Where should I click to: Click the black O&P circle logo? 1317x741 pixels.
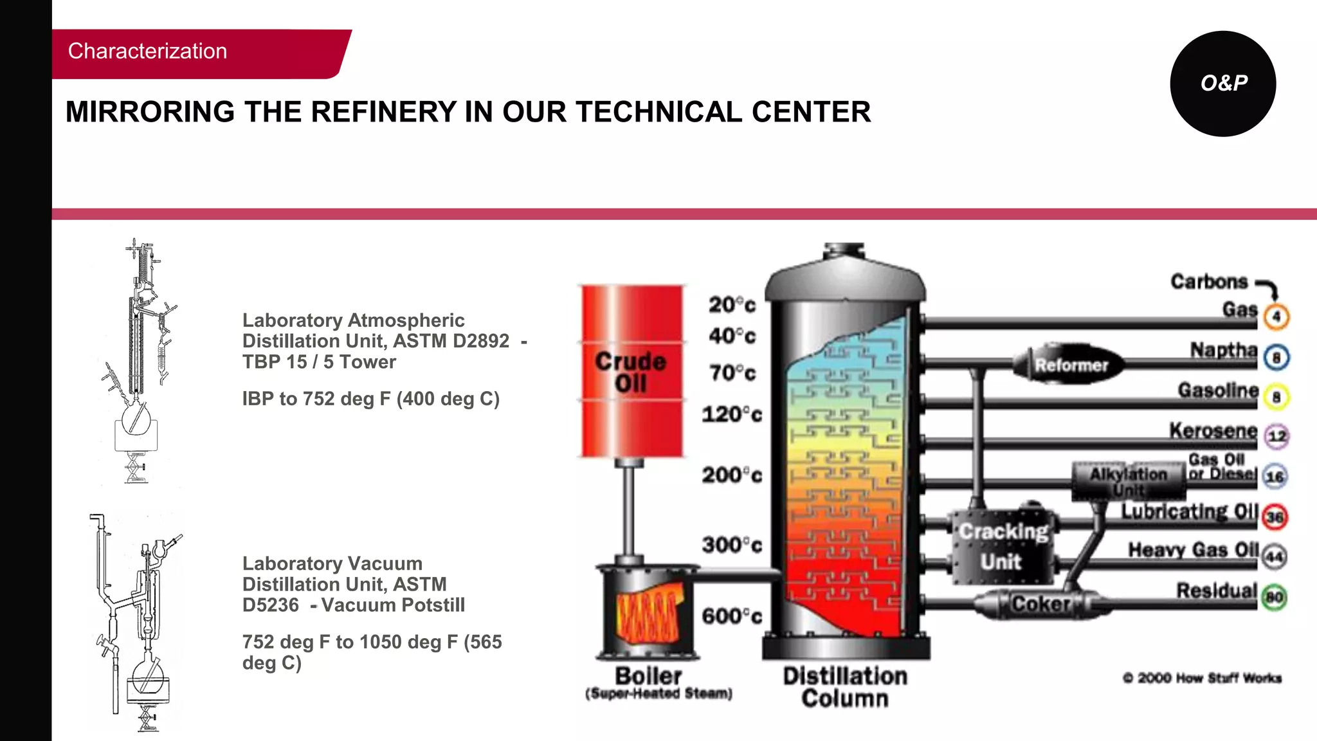[1222, 84]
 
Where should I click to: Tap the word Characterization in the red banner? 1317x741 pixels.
[147, 51]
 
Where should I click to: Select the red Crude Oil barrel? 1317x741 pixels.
[631, 371]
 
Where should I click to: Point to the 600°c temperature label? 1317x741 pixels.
[731, 616]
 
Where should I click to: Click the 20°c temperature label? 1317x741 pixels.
[732, 304]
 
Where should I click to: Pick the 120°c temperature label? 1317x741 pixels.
[732, 414]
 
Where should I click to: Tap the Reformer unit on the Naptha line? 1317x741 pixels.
[1071, 365]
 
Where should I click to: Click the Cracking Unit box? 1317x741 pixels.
[1003, 547]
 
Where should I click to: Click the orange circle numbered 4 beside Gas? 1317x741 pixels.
[1276, 316]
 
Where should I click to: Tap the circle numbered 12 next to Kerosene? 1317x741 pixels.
[1276, 436]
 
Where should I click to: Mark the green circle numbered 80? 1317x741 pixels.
[1274, 598]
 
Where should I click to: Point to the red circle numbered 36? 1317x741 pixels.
[1275, 517]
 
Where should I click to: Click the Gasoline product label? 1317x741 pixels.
[1218, 390]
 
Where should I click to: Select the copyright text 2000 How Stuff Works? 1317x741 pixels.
[1202, 678]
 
